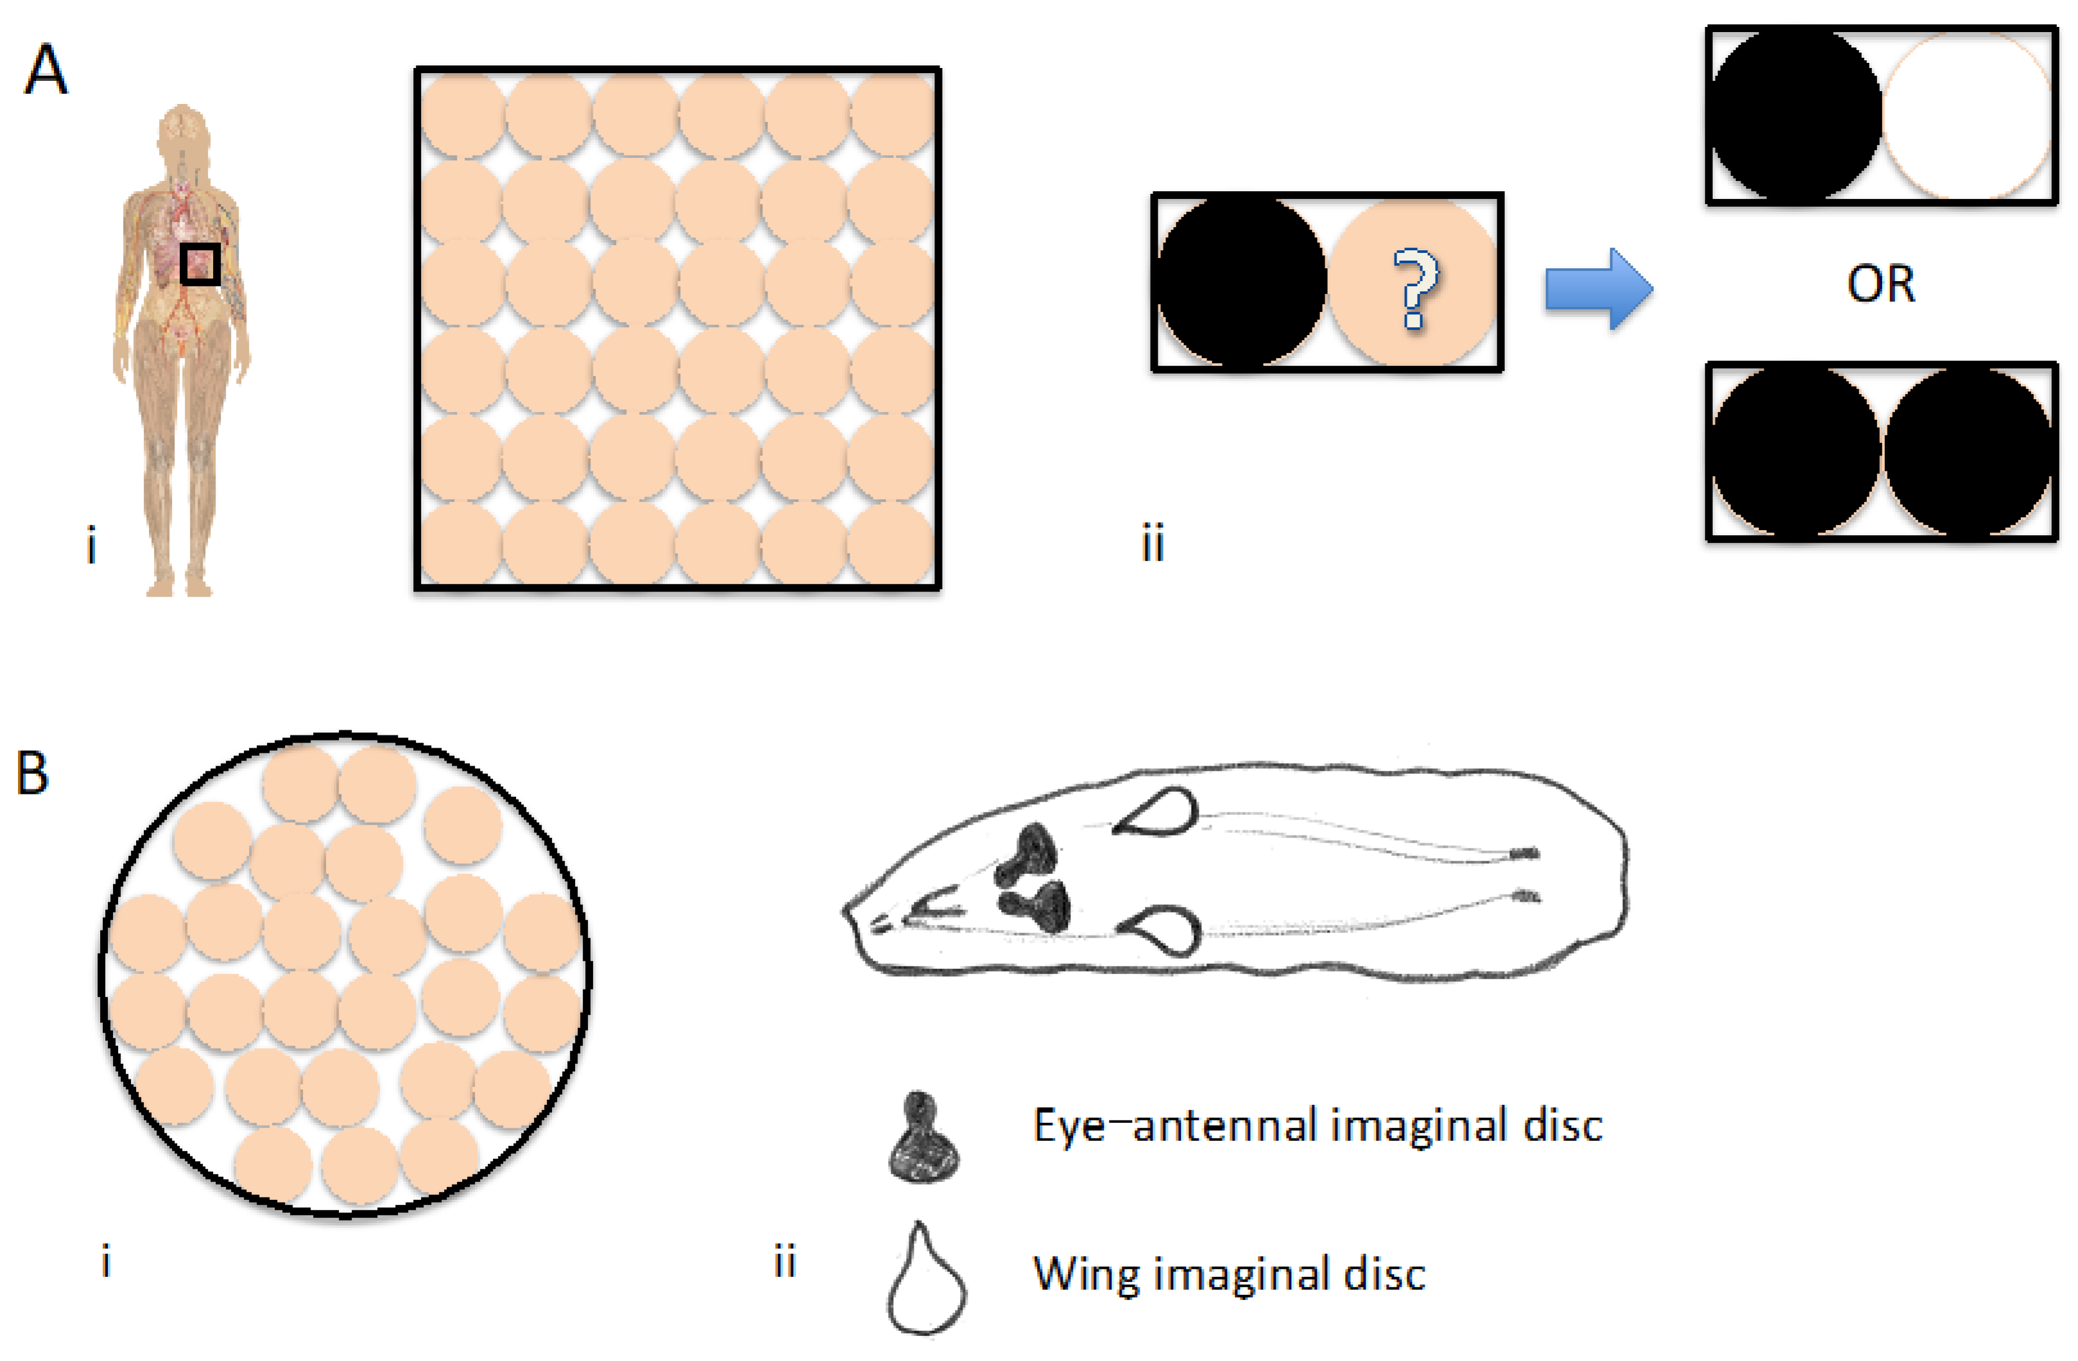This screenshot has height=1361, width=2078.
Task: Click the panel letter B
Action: point(32,773)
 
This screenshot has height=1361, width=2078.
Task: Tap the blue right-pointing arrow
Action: point(1598,289)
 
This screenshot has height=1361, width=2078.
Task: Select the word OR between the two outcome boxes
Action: point(1881,285)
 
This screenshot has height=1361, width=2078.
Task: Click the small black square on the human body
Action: point(200,264)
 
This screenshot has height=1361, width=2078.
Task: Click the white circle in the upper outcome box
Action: point(1966,116)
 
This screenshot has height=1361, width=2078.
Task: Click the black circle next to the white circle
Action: point(1795,116)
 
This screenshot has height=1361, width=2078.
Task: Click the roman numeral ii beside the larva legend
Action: point(785,1262)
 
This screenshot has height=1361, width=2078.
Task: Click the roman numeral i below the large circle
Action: point(106,1262)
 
